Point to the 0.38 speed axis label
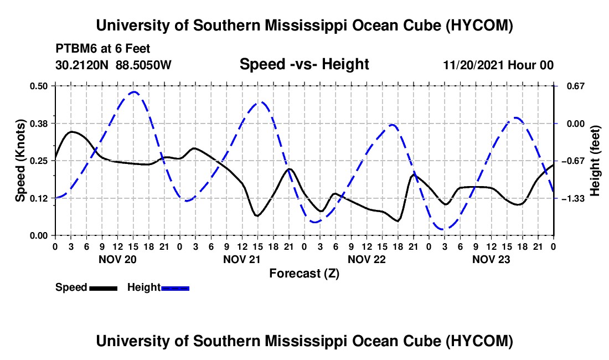[38, 124]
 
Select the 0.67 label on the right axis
[576, 86]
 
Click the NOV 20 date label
[117, 259]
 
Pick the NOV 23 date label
[491, 259]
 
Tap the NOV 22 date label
[367, 259]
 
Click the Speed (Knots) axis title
[20, 161]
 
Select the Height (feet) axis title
[595, 161]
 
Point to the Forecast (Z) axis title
[304, 274]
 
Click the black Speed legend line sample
[104, 288]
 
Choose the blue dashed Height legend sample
[175, 288]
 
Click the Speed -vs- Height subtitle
[304, 64]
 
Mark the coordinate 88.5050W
[143, 65]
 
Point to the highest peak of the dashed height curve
[134, 92]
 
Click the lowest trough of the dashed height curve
[443, 229]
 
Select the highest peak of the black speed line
[72, 132]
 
